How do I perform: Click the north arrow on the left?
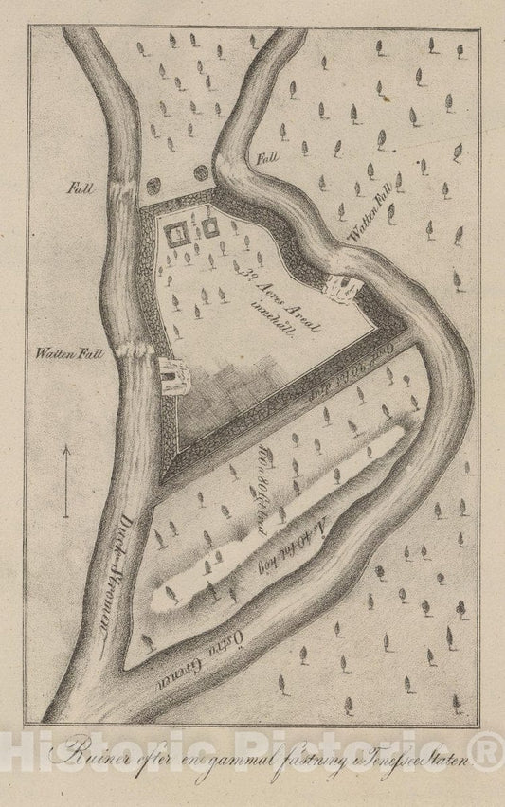click(x=66, y=482)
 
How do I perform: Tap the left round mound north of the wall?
click(x=175, y=172)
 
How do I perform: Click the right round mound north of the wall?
click(x=201, y=172)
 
